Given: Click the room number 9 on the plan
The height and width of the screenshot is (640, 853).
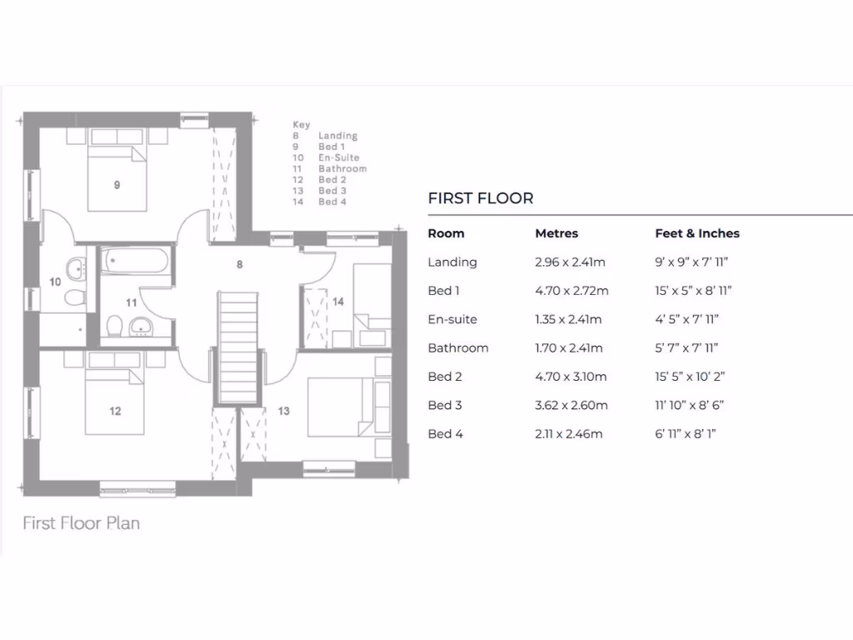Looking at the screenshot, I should [117, 185].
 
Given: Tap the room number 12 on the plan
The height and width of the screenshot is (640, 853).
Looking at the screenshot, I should [115, 411].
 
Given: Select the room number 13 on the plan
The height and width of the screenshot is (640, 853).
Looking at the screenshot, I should [284, 411].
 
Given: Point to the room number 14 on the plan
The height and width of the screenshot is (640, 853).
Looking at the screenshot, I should [338, 302].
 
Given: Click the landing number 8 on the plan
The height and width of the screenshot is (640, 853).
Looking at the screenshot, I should [239, 265].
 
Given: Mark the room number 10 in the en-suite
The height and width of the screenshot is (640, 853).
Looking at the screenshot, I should [55, 282].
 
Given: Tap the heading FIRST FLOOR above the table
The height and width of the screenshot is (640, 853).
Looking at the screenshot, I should [481, 198].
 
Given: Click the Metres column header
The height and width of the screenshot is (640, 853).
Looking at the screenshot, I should [556, 233].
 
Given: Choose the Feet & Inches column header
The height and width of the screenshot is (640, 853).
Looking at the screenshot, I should [697, 233].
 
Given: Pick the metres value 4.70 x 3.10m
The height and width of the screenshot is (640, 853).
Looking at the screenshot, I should [571, 377].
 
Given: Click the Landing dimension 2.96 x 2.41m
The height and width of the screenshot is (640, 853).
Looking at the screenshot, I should [570, 262].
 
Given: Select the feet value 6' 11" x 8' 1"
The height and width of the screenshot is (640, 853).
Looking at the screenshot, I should [686, 434].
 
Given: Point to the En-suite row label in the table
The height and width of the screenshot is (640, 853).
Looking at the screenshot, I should [452, 319].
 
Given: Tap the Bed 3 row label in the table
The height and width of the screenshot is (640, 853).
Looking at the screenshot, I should [445, 406].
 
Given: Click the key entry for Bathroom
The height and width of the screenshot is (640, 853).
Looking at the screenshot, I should [342, 169].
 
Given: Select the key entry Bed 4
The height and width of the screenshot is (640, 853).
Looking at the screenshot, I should [332, 202].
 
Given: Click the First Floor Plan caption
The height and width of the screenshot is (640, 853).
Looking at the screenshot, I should [81, 523].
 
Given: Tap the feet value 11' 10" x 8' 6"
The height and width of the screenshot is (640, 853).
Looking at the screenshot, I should [690, 406].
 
